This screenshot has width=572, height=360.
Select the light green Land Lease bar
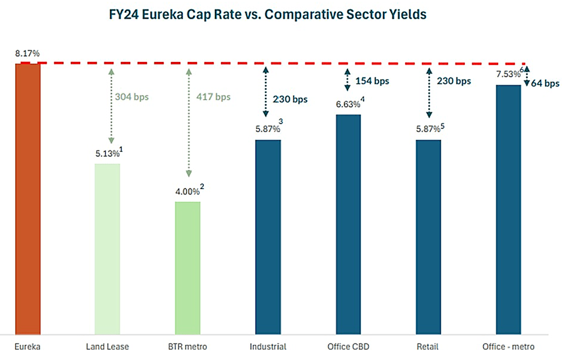107,248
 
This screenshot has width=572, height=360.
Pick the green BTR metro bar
188,267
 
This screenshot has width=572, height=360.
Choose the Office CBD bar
348,224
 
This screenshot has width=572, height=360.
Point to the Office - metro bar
509,209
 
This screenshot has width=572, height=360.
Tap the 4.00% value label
184,193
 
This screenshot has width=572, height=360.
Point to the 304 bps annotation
132,97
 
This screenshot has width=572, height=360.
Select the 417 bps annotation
213,97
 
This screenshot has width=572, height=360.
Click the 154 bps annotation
372,81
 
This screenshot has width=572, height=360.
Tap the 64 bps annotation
546,83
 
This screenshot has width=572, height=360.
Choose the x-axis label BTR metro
188,347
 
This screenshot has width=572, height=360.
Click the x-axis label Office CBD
348,347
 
